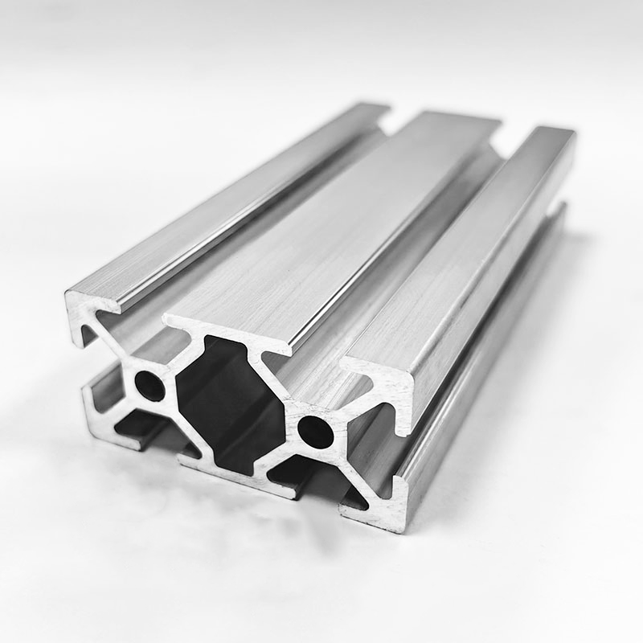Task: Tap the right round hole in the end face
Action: (x=315, y=432)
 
